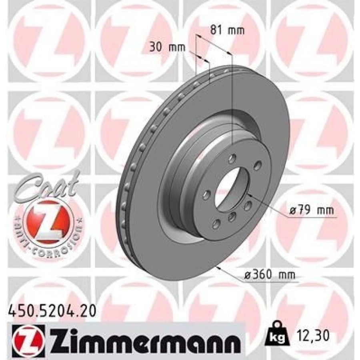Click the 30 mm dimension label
pyautogui.click(x=168, y=47)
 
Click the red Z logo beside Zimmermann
pyautogui.click(x=20, y=341)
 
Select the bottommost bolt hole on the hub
pyautogui.click(x=217, y=223)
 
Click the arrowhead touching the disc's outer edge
pyautogui.click(x=218, y=268)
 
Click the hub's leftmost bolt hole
pyautogui.click(x=207, y=195)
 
